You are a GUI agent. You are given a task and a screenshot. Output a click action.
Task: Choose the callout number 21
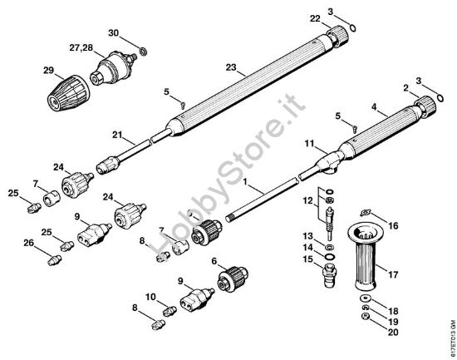(118, 133)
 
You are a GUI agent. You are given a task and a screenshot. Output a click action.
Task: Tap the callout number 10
(150, 297)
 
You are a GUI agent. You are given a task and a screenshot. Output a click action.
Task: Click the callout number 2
(405, 87)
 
